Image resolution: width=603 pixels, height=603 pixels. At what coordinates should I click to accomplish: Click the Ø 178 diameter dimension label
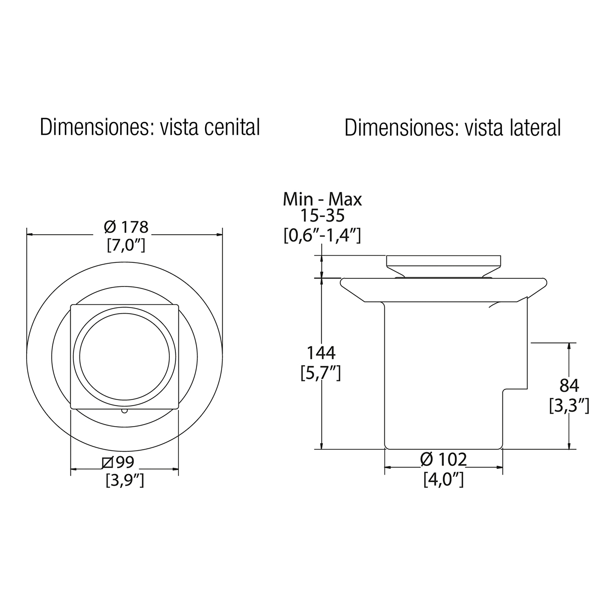[126, 227]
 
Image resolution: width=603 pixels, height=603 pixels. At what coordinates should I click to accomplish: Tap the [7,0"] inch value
[126, 245]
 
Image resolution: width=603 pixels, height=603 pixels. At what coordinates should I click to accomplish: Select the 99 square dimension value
[125, 462]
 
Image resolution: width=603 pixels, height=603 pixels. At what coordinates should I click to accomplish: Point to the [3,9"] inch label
[125, 480]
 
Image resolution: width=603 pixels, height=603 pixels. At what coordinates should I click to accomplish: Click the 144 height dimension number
[321, 353]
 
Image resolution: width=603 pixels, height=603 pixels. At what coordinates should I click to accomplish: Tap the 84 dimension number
[569, 386]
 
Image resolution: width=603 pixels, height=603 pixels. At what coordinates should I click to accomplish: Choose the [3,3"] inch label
[569, 406]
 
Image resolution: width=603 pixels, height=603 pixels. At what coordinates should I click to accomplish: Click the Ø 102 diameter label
[443, 459]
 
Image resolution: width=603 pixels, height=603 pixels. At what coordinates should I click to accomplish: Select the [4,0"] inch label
[443, 479]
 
